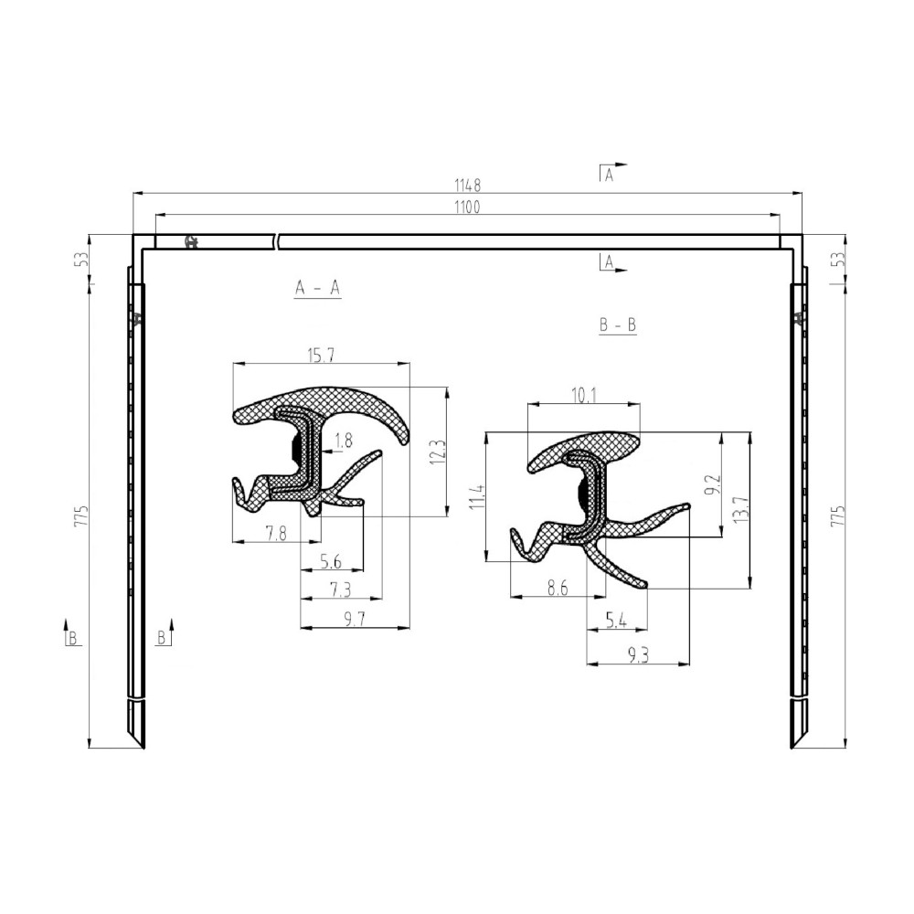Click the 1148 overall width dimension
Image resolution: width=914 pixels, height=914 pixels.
click(467, 186)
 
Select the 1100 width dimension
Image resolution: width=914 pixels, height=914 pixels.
click(467, 207)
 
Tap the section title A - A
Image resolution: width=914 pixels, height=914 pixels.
click(318, 287)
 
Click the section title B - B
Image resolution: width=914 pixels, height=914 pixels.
click(618, 324)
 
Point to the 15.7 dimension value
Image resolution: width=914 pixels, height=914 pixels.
click(321, 355)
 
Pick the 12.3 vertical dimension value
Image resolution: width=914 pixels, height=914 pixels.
click(439, 452)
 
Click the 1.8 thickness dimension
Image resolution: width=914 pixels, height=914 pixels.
click(344, 441)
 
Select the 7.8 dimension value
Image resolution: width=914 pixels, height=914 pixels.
click(276, 533)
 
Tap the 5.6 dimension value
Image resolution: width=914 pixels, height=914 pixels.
click(331, 561)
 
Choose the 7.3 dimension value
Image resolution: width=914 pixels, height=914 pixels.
click(341, 590)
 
